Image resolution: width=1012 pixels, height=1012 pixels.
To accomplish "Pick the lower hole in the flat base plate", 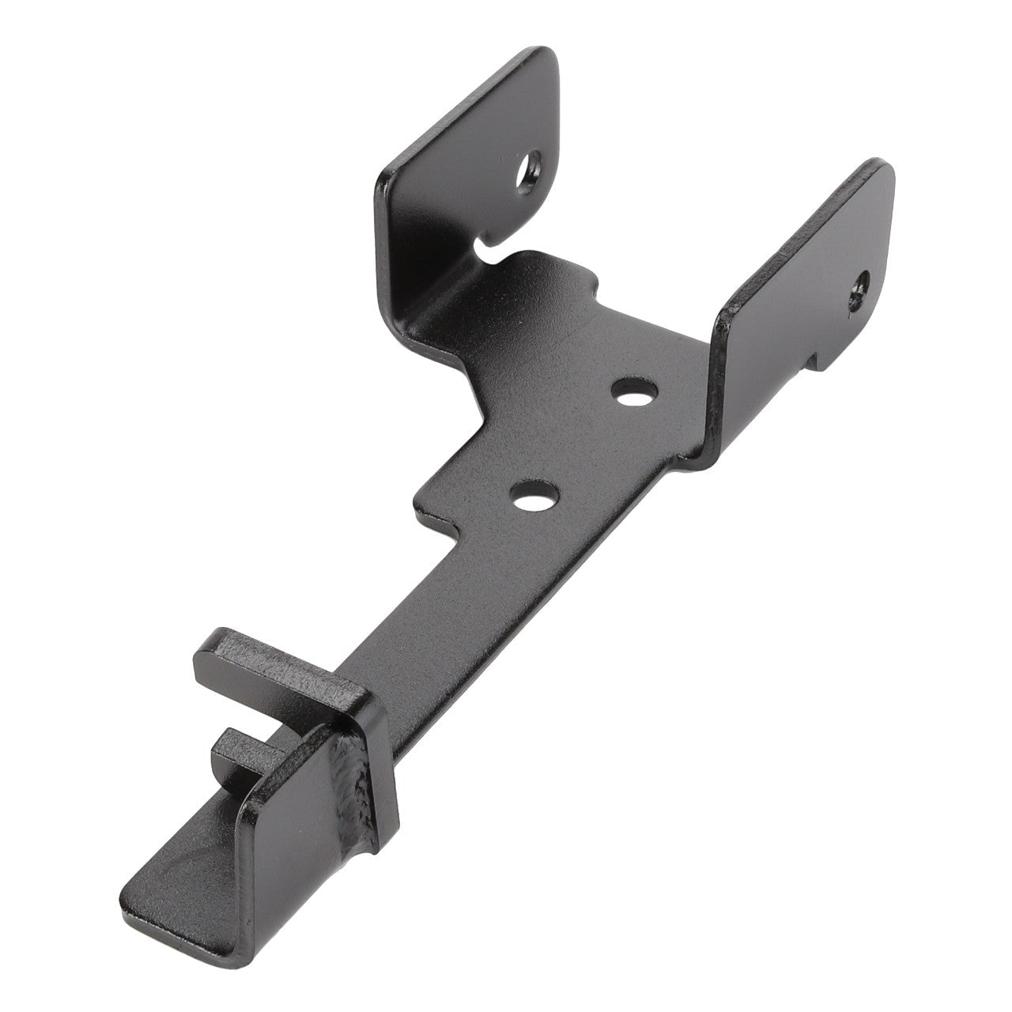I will [x=534, y=497].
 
